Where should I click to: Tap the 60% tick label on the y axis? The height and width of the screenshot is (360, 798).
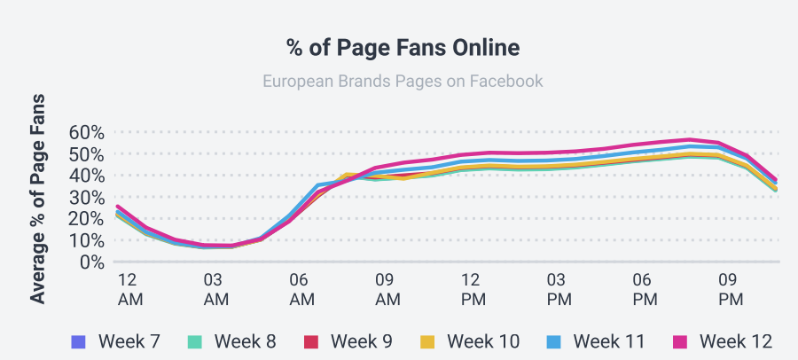tap(87, 132)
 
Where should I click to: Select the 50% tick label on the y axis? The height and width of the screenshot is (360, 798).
tap(87, 153)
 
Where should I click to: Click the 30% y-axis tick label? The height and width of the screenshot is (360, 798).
tap(87, 197)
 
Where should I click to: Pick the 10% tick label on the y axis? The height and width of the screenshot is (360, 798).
tap(87, 240)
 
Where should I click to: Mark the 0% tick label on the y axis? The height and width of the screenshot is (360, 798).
tap(92, 262)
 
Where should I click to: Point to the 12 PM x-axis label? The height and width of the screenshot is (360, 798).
tap(473, 289)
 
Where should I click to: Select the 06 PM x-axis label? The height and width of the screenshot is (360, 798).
tap(645, 289)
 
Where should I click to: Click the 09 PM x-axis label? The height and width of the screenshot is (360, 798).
tap(731, 289)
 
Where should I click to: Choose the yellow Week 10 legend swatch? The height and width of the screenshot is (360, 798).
tap(428, 341)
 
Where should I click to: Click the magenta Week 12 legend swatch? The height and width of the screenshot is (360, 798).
tap(680, 341)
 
